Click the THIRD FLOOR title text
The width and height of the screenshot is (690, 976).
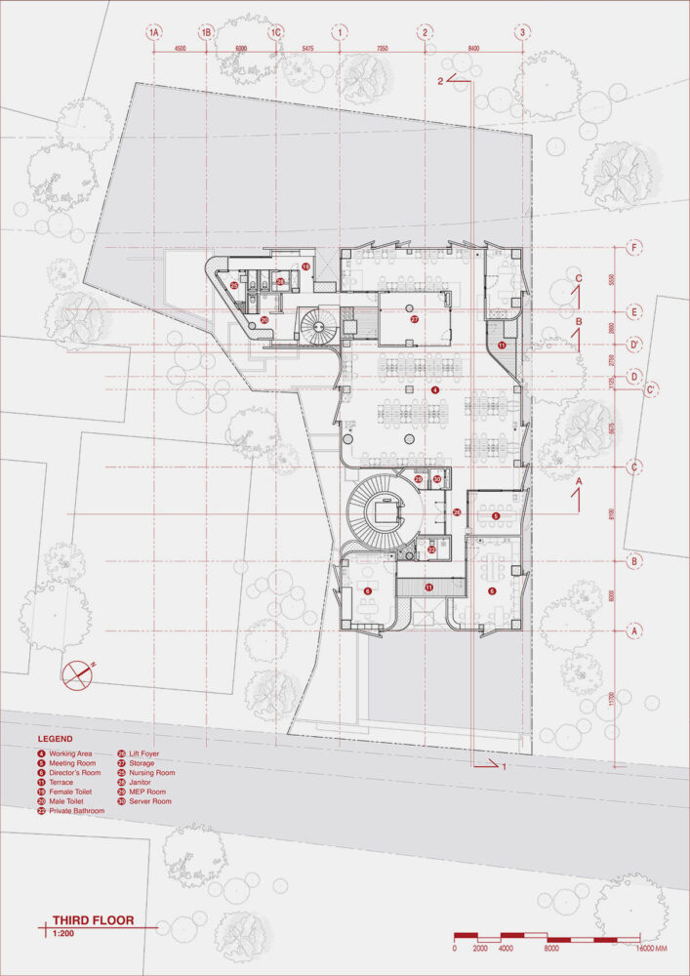93,919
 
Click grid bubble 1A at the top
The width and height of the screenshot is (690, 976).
153,33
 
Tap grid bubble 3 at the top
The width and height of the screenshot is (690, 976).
523,33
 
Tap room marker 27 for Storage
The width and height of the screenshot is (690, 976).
414,319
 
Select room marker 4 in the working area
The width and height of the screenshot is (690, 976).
436,389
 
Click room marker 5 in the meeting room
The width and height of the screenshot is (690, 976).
496,515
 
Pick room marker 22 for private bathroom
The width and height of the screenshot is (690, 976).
432,549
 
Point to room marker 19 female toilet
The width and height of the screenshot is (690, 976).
304,265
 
